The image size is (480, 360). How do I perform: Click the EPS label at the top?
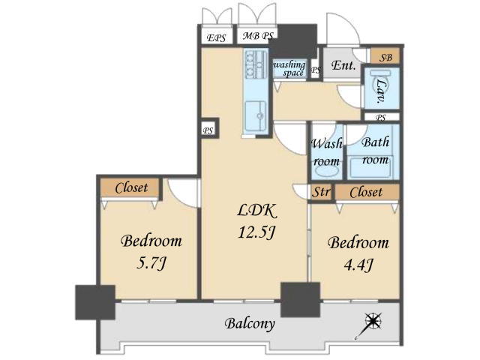(217, 38)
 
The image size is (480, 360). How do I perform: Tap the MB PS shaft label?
(258, 36)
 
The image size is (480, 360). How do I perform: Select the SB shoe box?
(385, 57)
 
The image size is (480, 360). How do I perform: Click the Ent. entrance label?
(343, 65)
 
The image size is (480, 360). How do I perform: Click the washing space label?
(289, 68)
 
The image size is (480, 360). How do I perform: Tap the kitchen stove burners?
(256, 65)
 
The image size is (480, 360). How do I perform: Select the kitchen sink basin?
(255, 116)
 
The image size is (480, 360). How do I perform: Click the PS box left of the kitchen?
(208, 130)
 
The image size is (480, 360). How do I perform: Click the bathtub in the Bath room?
(370, 167)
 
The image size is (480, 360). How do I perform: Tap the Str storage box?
(321, 192)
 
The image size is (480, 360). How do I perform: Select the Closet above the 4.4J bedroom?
(367, 192)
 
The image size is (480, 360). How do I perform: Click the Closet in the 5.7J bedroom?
(130, 187)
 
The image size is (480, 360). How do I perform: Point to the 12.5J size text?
(257, 232)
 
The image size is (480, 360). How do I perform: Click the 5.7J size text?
(151, 262)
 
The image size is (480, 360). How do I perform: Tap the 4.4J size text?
(358, 265)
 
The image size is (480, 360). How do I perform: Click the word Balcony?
(250, 323)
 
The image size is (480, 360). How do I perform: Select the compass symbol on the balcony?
(370, 325)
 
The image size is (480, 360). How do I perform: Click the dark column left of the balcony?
(95, 302)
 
